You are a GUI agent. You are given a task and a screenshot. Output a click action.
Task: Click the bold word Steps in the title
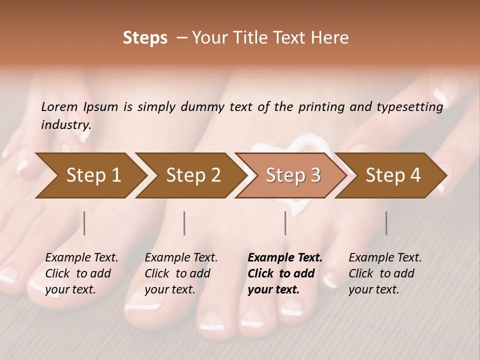[145, 38]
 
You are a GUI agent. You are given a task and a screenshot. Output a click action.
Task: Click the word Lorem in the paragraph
[59, 106]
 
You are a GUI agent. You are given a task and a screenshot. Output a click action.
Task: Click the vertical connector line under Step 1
[84, 223]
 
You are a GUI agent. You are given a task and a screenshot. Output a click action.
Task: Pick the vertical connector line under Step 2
[184, 223]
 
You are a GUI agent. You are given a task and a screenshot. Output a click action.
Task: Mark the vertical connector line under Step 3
[285, 223]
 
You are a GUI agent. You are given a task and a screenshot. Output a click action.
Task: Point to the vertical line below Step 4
[386, 223]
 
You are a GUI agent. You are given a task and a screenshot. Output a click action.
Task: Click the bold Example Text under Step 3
[285, 258]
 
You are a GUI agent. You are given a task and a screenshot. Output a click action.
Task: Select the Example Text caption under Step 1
[81, 258]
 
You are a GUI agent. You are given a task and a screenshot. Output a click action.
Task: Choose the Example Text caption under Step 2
[181, 258]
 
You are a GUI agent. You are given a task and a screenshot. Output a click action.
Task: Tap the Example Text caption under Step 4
[385, 258]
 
